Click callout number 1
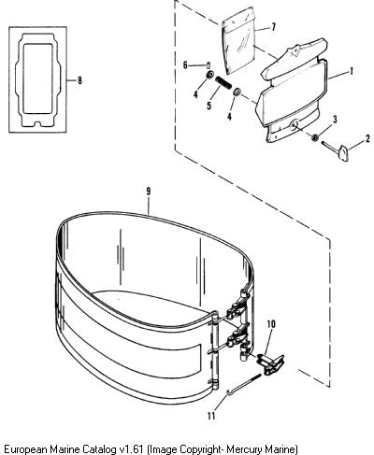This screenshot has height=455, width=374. [352, 71]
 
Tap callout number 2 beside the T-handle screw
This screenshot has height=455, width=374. [367, 138]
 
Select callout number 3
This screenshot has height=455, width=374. [335, 120]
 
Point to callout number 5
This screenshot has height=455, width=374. [209, 106]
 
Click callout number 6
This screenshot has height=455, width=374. [185, 65]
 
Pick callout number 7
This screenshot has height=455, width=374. [273, 27]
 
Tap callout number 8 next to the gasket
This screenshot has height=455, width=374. [79, 80]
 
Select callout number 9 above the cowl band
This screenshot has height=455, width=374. [149, 192]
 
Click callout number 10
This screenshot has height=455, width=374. [271, 324]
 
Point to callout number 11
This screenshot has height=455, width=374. [211, 416]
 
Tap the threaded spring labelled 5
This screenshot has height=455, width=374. [223, 83]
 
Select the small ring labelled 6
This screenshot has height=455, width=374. [209, 65]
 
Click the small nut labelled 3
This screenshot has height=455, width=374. [315, 137]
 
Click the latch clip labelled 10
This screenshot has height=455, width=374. [270, 363]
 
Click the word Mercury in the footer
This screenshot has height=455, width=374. [245, 449]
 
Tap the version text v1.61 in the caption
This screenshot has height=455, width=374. [132, 448]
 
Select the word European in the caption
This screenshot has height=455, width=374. [25, 449]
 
